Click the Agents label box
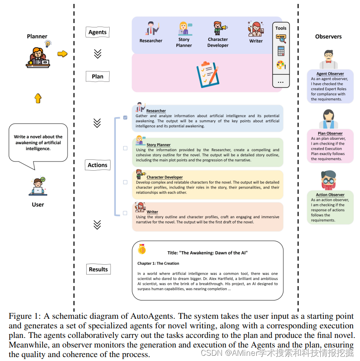point(97,32)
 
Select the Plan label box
point(98,77)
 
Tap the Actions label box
point(98,165)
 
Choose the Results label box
point(98,270)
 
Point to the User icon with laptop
point(38,186)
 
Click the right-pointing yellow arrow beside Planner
point(63,54)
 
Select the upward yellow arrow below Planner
point(38,98)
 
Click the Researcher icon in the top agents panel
point(151,29)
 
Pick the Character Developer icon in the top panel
point(218,28)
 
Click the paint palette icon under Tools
point(281,65)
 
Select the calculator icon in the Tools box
point(281,51)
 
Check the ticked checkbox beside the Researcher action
point(125,118)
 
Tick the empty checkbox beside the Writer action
point(125,213)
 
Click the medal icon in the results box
point(141,250)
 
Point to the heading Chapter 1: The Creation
point(158,263)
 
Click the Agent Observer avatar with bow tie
point(330,59)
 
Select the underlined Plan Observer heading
point(330,134)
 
